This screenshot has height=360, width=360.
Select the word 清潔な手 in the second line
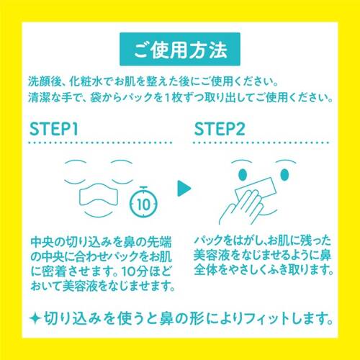pos(52,97)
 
